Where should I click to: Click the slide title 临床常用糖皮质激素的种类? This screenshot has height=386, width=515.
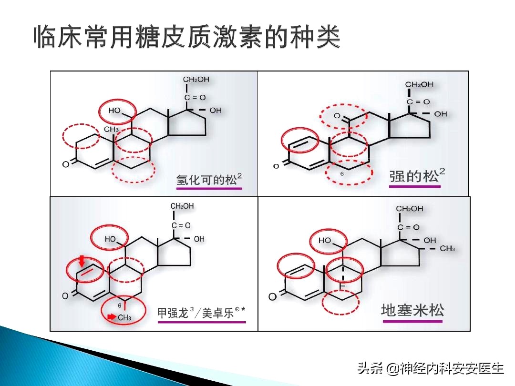187,37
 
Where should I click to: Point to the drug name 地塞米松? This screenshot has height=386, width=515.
412,310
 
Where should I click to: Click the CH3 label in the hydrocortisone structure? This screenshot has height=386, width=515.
111,129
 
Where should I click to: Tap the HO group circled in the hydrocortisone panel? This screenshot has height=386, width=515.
115,111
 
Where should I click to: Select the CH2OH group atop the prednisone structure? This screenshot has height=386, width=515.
419,84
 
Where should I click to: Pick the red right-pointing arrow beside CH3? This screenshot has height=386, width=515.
111,316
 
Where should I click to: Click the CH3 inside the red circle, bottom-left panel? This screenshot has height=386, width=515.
124,317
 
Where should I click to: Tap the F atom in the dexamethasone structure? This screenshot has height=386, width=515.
341,286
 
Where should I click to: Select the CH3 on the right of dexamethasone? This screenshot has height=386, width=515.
447,248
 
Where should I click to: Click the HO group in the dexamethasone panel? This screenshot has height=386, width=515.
325,241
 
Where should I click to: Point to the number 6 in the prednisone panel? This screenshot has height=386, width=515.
342,174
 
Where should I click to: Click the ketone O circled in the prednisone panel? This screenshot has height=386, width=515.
337,116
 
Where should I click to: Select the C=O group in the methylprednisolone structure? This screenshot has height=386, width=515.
181,225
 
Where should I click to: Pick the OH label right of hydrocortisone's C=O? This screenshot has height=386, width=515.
216,110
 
